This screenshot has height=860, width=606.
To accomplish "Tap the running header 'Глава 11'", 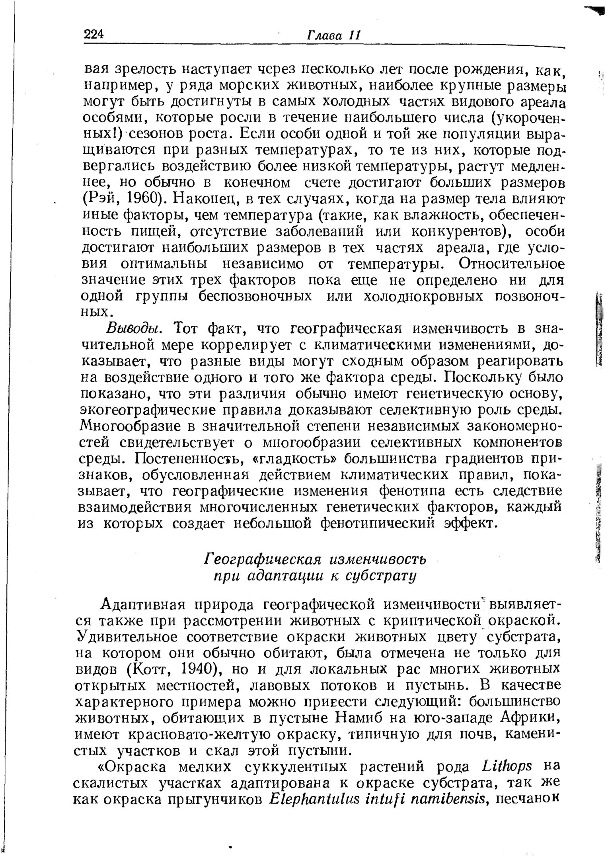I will click(x=334, y=35).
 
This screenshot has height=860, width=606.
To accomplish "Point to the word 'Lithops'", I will click(x=507, y=766).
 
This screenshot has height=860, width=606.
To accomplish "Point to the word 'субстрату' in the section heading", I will click(x=382, y=576).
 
